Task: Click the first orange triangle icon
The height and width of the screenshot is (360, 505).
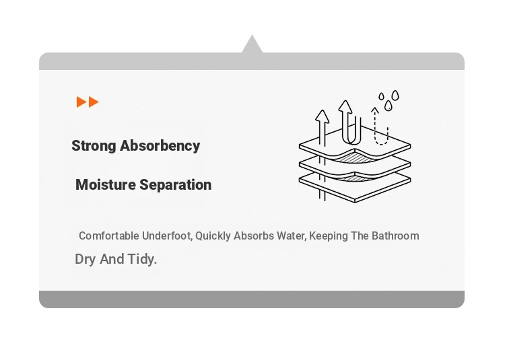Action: pos(81,102)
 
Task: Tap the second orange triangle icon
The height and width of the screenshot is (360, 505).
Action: pos(94,102)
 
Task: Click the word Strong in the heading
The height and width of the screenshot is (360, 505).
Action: pos(94,146)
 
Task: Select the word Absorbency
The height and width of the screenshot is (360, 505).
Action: pos(160,146)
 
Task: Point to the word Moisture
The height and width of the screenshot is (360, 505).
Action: pos(106,184)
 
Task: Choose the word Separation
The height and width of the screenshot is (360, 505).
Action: pos(176,185)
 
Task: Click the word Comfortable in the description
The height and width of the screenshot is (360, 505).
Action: pos(109,236)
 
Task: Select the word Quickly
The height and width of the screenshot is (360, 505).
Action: pos(213,236)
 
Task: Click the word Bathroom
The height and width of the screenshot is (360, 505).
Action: pos(395,236)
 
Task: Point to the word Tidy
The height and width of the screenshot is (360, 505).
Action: pos(142,259)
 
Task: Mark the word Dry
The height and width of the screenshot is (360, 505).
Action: pos(86,259)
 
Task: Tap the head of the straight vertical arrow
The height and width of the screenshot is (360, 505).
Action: pos(322,116)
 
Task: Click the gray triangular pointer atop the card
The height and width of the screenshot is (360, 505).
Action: pos(252,45)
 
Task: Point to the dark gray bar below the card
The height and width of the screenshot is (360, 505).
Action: pos(252,299)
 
